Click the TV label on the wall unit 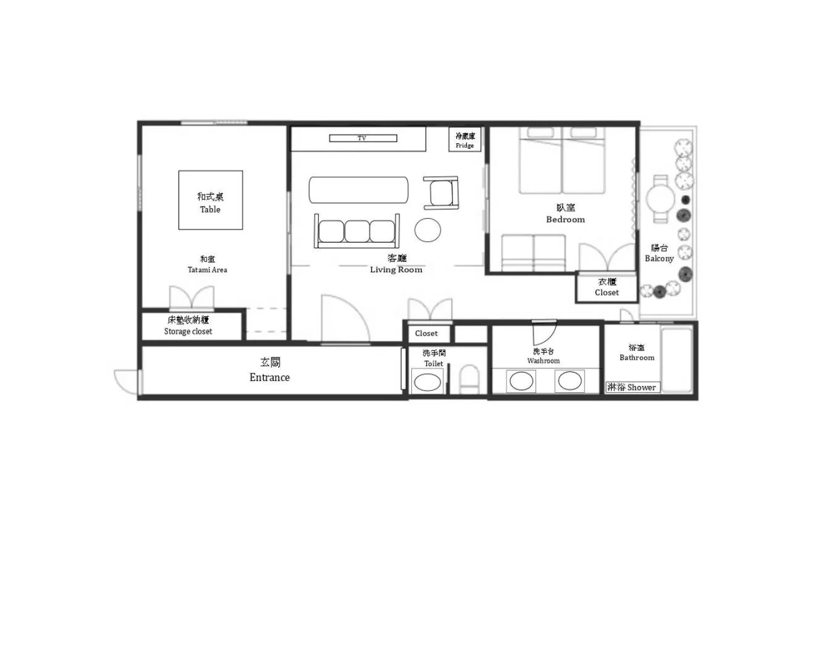[362, 138]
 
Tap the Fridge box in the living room [465, 140]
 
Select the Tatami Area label [208, 264]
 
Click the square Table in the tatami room [210, 200]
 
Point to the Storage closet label [188, 325]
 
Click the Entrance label [270, 371]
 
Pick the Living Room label [397, 264]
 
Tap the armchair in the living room [442, 193]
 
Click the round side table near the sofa [427, 230]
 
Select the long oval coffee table [358, 189]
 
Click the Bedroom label [565, 214]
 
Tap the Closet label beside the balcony [607, 287]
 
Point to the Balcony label [659, 253]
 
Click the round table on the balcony [660, 199]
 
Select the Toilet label [434, 358]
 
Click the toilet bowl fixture [469, 379]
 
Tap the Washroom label [544, 356]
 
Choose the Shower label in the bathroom [632, 387]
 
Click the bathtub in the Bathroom [676, 359]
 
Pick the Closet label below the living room [426, 334]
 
